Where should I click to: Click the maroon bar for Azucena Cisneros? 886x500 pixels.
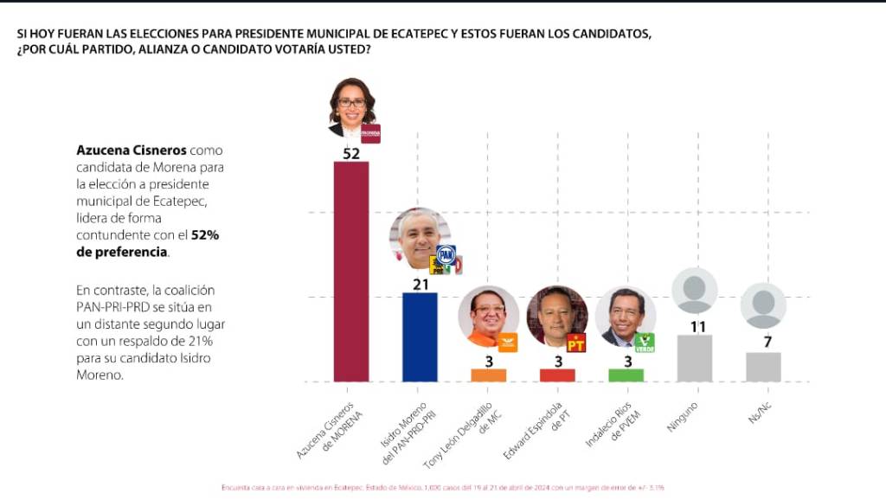coord(351,271)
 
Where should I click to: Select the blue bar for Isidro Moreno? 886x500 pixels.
coord(420,337)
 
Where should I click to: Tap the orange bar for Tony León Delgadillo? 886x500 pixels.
coord(489,375)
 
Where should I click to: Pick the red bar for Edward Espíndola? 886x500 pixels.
coord(557,375)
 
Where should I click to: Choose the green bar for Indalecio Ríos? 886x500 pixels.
coord(626,375)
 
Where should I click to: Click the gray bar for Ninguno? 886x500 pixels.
coord(694,358)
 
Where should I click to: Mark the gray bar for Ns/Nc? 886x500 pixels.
coord(763,367)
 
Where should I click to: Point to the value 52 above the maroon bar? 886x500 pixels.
coord(351,153)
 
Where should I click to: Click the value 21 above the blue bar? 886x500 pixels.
coord(420,284)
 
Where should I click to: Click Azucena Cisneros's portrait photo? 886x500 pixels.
coord(350,108)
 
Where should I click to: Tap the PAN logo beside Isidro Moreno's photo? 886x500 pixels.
coord(446,254)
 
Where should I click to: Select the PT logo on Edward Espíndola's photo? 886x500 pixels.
coord(576,343)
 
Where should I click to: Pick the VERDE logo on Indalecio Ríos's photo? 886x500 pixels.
coord(645,343)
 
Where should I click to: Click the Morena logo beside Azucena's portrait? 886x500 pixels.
coord(370,133)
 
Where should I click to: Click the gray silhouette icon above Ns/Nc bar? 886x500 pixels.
coord(763,305)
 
